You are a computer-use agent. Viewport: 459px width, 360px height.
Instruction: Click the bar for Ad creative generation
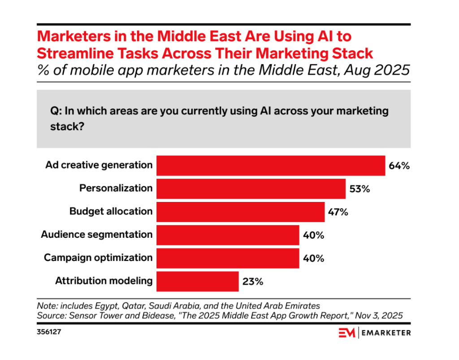pos(270,165)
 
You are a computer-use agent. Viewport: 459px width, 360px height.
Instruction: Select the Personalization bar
pos(251,189)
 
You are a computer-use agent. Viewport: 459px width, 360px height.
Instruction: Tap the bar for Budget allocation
pos(240,212)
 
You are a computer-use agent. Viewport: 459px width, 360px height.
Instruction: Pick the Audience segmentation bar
pos(227,235)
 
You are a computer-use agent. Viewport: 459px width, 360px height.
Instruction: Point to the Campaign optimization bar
pos(227,258)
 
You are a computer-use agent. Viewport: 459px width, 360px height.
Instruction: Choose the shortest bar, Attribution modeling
pos(197,282)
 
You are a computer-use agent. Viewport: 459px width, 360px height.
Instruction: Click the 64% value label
pos(399,166)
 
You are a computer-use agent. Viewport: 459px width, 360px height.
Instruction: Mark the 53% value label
pos(359,189)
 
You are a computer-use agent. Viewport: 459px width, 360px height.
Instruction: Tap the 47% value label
pos(338,212)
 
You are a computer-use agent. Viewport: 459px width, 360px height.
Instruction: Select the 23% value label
pos(252,282)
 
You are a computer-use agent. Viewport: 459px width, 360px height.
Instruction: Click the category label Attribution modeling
pos(104,281)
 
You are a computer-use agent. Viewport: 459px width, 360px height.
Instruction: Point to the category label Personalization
pos(116,188)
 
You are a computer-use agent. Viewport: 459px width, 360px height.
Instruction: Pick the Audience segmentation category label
pos(97,235)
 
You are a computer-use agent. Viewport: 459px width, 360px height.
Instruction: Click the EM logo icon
pos(347,333)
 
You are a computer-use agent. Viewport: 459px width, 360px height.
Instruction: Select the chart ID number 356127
pos(50,332)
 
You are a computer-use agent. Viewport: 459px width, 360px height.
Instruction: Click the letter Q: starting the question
pos(55,111)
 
